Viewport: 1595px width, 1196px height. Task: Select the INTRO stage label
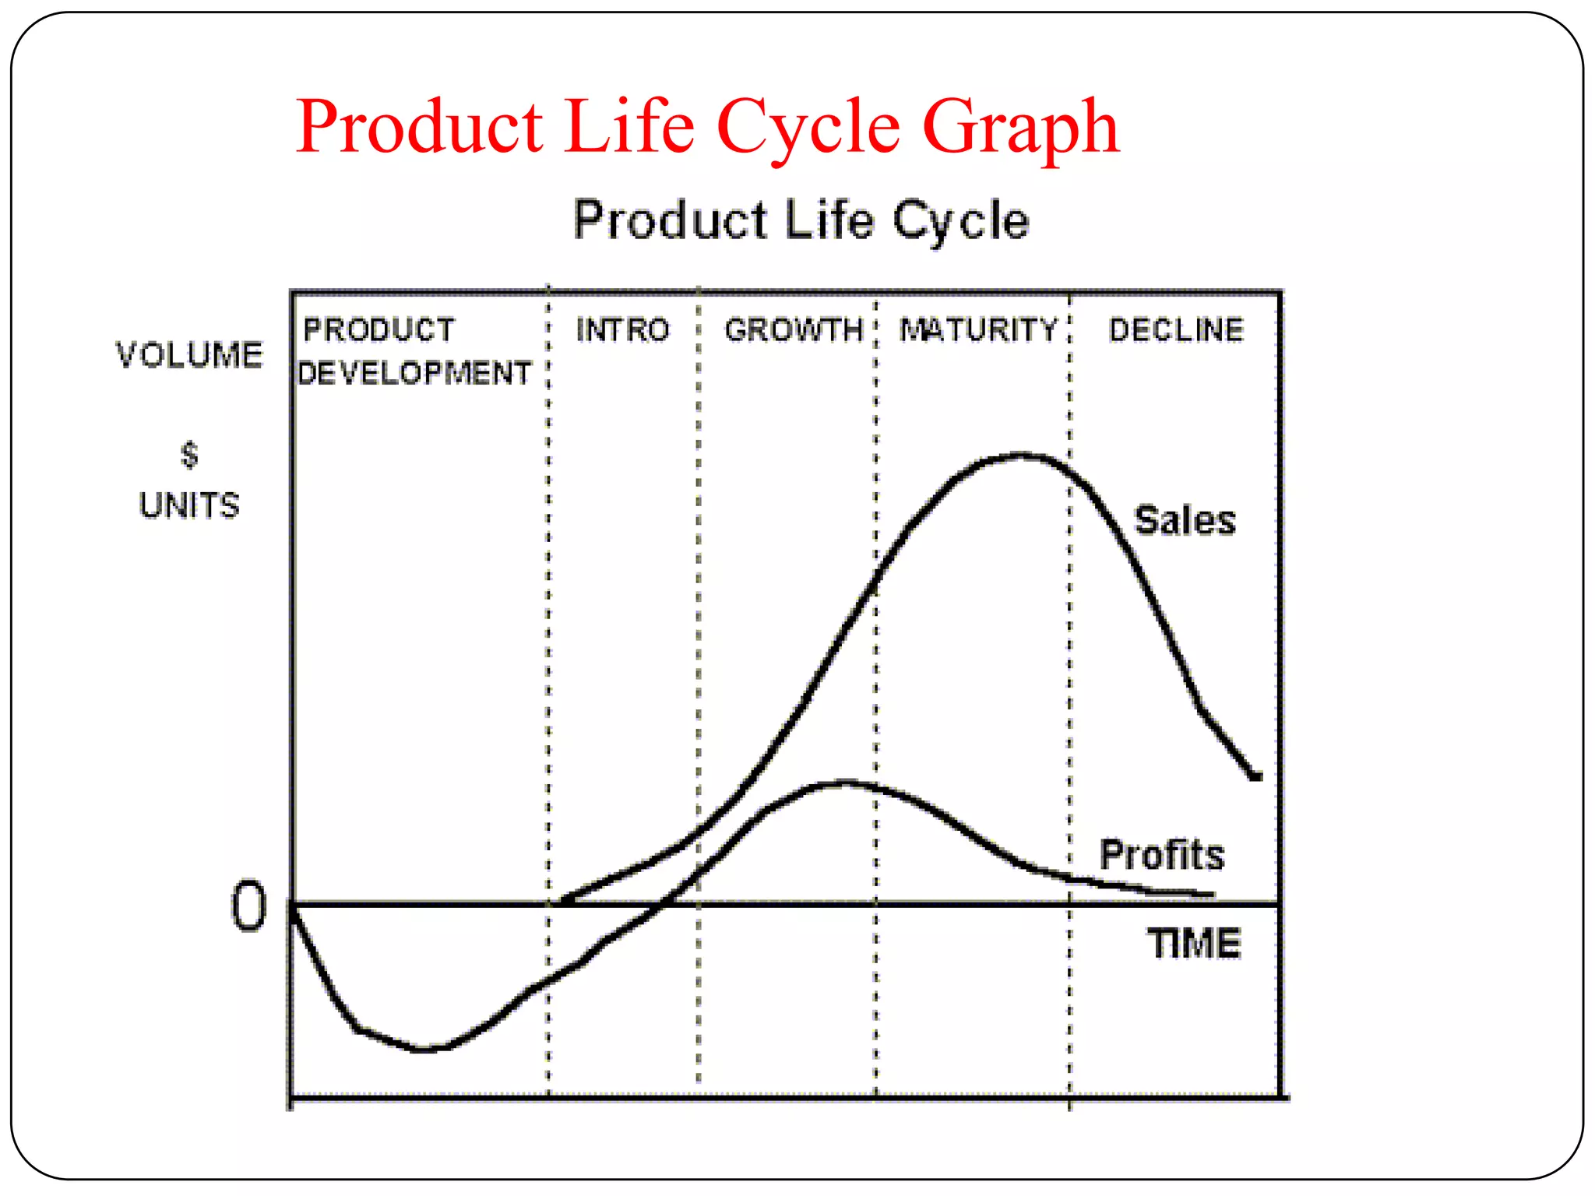click(622, 330)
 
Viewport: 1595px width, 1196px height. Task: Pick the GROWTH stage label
click(794, 330)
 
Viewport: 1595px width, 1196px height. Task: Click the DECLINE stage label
click(1176, 330)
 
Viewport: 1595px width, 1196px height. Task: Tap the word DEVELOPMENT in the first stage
click(414, 374)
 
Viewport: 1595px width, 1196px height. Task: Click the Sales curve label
click(1185, 520)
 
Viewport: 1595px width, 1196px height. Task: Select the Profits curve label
click(1162, 855)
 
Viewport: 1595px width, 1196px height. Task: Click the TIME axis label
click(1193, 944)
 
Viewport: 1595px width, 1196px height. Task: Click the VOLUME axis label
click(189, 355)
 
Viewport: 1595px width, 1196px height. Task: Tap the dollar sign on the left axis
click(189, 455)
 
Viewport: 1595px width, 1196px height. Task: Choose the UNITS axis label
click(189, 505)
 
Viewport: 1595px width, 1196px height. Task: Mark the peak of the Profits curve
click(845, 783)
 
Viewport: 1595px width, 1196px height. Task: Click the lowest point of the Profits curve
click(424, 1049)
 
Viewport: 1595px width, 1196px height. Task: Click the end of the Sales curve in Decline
click(1255, 776)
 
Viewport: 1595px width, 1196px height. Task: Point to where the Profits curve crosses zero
click(663, 904)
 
